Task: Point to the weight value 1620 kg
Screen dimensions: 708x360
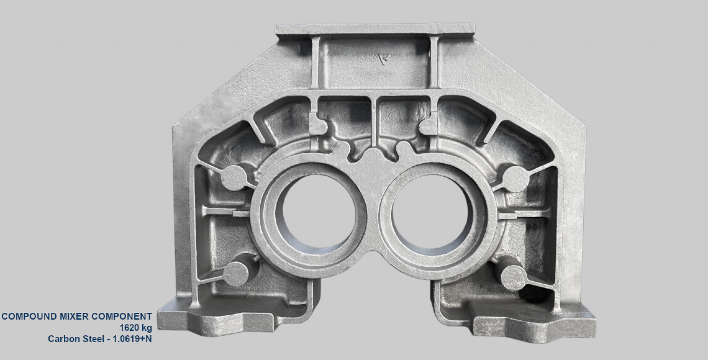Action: (135, 328)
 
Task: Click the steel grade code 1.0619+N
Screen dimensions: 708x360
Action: (131, 339)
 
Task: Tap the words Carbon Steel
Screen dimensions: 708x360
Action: (76, 339)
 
